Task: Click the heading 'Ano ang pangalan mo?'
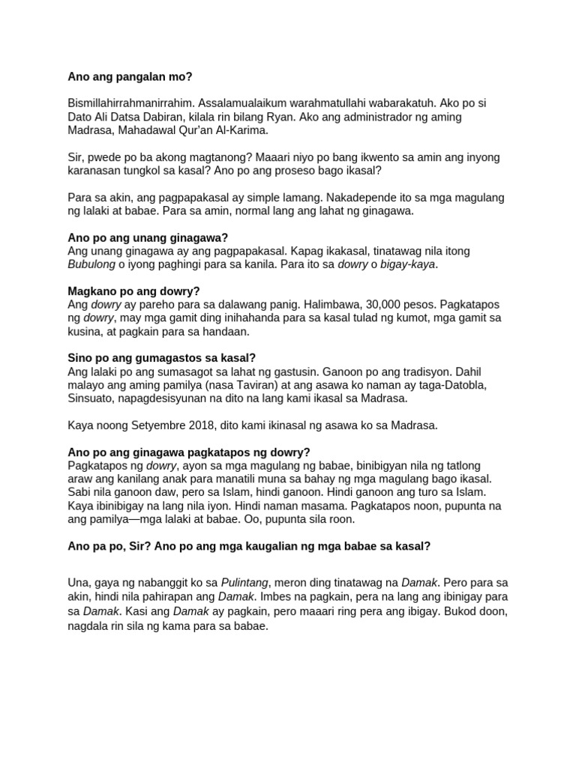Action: pyautogui.click(x=130, y=76)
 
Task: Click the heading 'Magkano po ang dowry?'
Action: pyautogui.click(x=134, y=291)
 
